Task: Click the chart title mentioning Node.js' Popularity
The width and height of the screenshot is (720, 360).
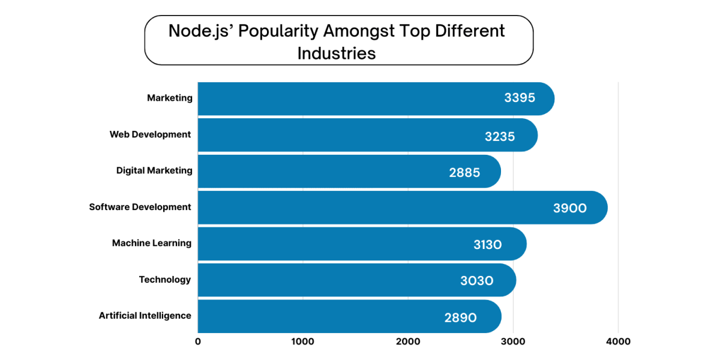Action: pyautogui.click(x=337, y=41)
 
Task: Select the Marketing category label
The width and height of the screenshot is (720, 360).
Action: pyautogui.click(x=170, y=98)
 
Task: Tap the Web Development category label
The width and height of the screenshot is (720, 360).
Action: pyautogui.click(x=150, y=134)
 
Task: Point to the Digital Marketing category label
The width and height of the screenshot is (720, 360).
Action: pyautogui.click(x=154, y=170)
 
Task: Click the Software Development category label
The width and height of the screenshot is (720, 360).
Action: pyautogui.click(x=140, y=207)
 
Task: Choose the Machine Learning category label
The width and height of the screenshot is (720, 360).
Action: pyautogui.click(x=152, y=243)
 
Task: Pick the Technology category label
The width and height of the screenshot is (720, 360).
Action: pyautogui.click(x=165, y=280)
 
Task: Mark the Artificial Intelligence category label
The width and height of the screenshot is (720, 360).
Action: pyautogui.click(x=145, y=316)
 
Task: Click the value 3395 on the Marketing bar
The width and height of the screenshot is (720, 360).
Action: pyautogui.click(x=520, y=98)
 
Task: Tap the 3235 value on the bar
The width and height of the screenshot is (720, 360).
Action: pyautogui.click(x=500, y=136)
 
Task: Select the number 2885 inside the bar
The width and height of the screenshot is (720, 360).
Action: pyautogui.click(x=464, y=173)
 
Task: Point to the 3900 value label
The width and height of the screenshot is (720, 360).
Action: pyautogui.click(x=570, y=208)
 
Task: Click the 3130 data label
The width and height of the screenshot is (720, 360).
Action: pyautogui.click(x=487, y=245)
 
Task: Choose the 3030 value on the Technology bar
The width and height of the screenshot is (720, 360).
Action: pyautogui.click(x=477, y=281)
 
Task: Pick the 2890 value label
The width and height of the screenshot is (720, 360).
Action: pyautogui.click(x=461, y=318)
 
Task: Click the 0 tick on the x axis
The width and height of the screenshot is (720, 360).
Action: pyautogui.click(x=198, y=342)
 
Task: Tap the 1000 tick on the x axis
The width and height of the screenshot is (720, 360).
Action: pyautogui.click(x=302, y=342)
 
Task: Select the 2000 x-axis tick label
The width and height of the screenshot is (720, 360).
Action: pyautogui.click(x=408, y=342)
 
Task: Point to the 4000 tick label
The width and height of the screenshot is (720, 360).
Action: pyautogui.click(x=618, y=342)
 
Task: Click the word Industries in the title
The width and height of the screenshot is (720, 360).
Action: pyautogui.click(x=337, y=53)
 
